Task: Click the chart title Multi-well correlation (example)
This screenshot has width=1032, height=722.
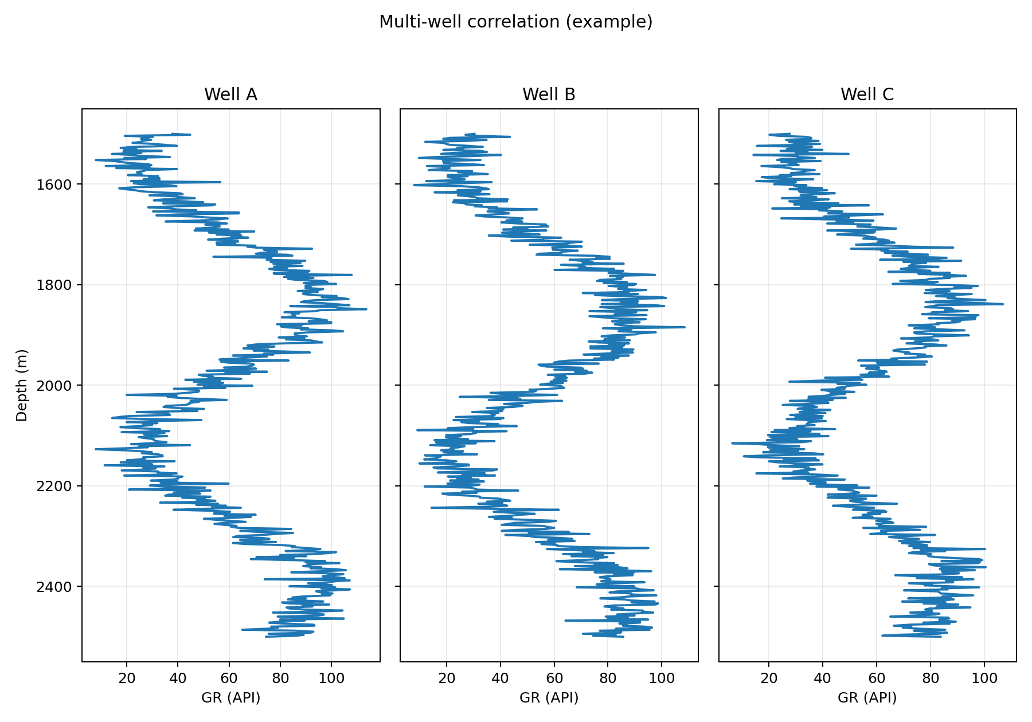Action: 515,22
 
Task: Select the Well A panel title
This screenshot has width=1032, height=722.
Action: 230,95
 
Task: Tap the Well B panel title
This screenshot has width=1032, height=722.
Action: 549,95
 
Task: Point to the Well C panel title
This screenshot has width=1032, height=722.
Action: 867,95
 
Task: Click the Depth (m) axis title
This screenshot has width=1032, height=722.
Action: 22,385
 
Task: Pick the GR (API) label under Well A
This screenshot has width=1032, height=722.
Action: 230,697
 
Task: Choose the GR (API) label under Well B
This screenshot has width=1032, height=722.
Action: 549,697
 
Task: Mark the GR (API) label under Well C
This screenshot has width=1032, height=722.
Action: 867,697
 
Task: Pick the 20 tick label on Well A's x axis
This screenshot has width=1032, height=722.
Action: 127,678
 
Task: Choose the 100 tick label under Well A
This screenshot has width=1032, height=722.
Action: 331,678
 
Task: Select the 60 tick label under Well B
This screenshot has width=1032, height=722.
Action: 554,678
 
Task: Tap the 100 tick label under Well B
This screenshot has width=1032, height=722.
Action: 662,678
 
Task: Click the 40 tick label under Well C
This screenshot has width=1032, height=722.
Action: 823,678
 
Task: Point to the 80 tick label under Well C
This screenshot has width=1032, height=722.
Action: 931,678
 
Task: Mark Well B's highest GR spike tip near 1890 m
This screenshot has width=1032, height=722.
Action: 684,327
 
